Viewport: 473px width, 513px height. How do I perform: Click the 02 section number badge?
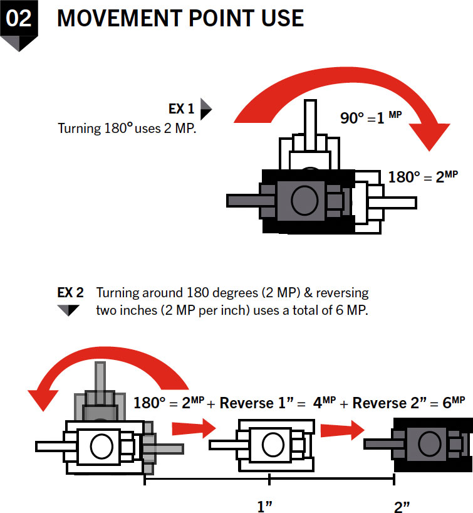click(19, 23)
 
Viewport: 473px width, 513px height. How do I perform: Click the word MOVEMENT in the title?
click(120, 18)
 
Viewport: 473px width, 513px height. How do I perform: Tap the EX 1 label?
click(182, 109)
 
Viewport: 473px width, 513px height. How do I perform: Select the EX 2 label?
click(70, 292)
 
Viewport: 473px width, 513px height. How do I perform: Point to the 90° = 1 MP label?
click(371, 117)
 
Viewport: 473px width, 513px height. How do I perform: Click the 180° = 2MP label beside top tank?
click(423, 177)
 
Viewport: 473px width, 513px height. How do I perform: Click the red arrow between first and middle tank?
click(194, 428)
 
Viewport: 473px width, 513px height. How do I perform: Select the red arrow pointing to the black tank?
click(342, 430)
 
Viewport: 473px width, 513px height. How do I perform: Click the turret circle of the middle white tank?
click(273, 444)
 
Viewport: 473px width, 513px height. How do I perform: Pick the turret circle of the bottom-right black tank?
click(430, 443)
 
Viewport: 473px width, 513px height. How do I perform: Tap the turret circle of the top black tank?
click(304, 200)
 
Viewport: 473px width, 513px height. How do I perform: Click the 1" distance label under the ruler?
click(265, 506)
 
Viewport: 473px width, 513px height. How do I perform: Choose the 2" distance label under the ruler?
click(402, 507)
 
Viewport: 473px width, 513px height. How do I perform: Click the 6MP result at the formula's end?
click(454, 403)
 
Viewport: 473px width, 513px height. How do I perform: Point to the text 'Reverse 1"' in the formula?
click(257, 403)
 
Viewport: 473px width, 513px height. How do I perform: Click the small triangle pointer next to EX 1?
click(206, 109)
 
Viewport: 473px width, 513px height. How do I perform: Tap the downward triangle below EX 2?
click(68, 310)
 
